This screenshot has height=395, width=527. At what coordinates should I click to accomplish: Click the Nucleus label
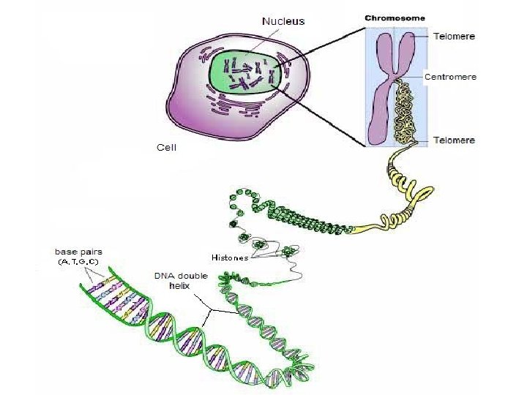[283, 21]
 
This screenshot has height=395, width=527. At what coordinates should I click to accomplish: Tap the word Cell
[167, 147]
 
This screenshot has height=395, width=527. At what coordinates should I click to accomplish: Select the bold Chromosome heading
[395, 18]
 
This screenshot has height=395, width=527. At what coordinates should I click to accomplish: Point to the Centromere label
[450, 76]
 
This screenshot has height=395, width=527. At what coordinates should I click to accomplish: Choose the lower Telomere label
[453, 140]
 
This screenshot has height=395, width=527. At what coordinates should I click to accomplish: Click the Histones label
[229, 257]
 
